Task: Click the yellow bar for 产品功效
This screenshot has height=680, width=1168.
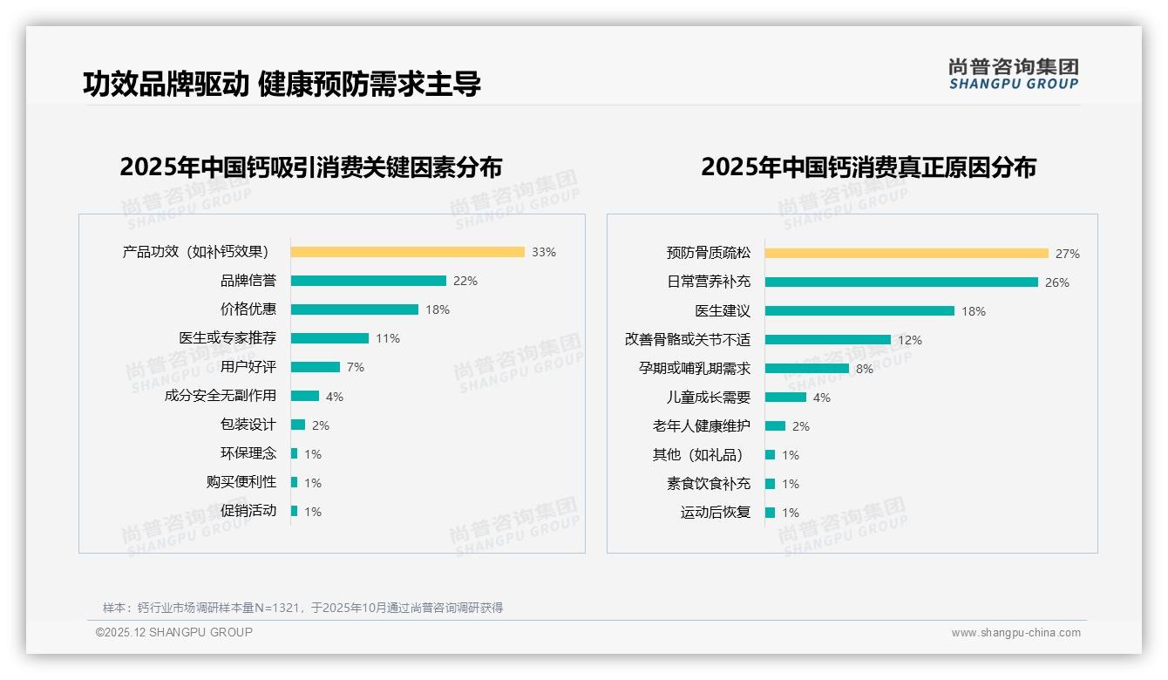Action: (x=407, y=252)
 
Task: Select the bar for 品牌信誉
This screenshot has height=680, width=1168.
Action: (x=368, y=281)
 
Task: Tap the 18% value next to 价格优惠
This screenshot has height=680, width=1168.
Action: (x=438, y=309)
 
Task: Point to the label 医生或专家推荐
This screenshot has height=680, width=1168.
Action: (x=227, y=338)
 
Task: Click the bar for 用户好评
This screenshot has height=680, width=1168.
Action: (x=315, y=367)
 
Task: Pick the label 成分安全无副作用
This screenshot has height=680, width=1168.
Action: (x=220, y=396)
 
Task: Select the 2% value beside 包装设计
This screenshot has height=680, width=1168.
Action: (x=320, y=425)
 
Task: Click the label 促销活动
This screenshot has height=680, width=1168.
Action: (x=248, y=511)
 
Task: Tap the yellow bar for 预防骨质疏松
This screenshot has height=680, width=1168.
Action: (x=907, y=254)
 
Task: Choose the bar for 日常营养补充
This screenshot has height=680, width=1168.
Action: (x=901, y=282)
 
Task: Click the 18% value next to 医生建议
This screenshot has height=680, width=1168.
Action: (x=974, y=311)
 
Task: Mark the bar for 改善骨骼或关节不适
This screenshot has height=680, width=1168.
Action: (x=828, y=340)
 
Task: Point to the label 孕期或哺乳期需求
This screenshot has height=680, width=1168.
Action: (x=694, y=369)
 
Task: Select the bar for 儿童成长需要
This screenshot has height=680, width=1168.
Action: (x=785, y=398)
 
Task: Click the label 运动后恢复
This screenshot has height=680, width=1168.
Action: (x=715, y=513)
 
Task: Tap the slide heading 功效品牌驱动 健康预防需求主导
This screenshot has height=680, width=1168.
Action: (x=282, y=84)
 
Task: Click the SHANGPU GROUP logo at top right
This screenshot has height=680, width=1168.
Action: (x=1013, y=73)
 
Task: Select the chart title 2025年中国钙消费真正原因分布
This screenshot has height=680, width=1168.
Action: (x=868, y=167)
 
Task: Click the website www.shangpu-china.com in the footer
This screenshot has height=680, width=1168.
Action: (x=1015, y=633)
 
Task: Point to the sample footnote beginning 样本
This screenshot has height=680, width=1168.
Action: (x=302, y=608)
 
